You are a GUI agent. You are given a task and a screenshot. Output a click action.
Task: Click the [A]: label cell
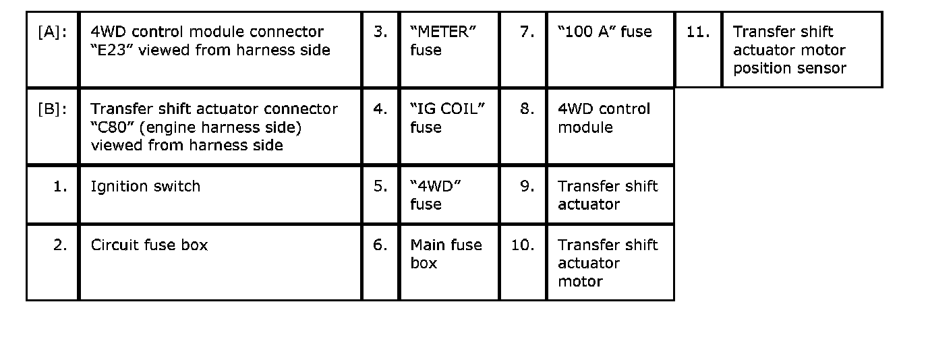(x=53, y=32)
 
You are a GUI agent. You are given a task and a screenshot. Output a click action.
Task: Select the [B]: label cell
(x=53, y=109)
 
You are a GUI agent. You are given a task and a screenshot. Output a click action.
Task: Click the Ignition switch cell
(x=146, y=187)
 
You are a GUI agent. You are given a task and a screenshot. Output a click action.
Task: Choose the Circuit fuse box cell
(x=149, y=245)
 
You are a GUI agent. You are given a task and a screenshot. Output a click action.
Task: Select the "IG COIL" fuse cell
(x=447, y=118)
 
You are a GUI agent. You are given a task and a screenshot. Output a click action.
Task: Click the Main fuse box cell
(x=446, y=253)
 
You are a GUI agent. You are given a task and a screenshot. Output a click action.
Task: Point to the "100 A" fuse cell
(x=605, y=32)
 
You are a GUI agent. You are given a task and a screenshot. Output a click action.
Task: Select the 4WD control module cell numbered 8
(x=604, y=118)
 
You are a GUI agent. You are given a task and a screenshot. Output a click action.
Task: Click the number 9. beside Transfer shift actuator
(x=527, y=187)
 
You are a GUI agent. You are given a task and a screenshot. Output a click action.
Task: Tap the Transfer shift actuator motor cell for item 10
(x=607, y=263)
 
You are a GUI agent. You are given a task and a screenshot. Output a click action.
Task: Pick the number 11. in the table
(x=697, y=32)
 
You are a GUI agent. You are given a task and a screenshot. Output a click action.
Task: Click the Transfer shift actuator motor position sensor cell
(x=789, y=50)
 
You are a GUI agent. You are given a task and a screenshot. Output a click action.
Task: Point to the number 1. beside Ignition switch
(x=60, y=187)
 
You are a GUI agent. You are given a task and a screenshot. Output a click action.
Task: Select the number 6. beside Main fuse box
(x=380, y=245)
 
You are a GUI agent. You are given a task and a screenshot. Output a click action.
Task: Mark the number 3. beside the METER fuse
(x=380, y=32)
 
